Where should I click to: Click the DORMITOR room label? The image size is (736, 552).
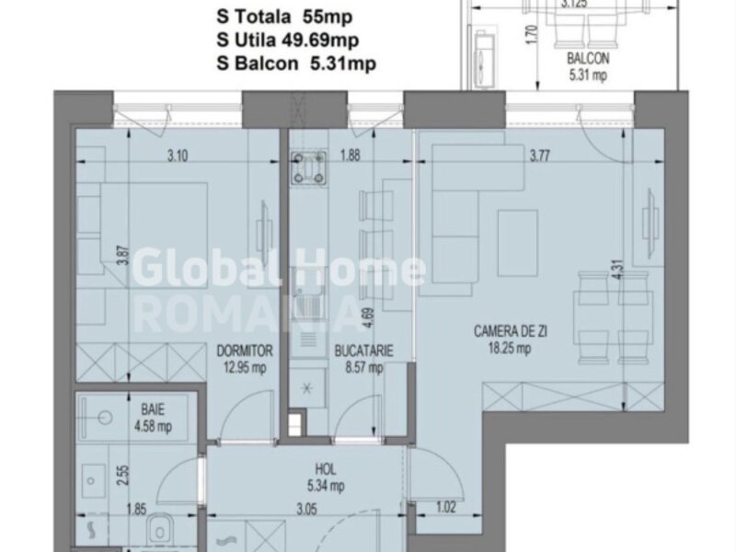point(245,351)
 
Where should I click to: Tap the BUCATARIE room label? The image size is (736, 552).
point(363,351)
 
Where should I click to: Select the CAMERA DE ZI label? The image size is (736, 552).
point(511,331)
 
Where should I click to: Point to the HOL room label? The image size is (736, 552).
point(326,469)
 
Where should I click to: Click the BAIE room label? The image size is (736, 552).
point(153,409)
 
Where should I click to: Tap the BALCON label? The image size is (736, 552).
point(588,59)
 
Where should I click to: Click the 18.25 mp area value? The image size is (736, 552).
point(510,349)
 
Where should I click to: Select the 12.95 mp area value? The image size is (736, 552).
point(245,367)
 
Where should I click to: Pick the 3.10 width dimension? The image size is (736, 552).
point(178,155)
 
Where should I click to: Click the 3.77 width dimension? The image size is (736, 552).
point(540,155)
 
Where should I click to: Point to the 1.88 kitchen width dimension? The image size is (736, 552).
point(350,155)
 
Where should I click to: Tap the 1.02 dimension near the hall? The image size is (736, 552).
point(445,508)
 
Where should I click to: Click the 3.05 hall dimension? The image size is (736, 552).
point(307,509)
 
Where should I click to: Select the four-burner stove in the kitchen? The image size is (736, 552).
point(308,167)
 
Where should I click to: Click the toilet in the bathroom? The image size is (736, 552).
point(160,530)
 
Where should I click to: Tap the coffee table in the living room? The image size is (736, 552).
point(518,243)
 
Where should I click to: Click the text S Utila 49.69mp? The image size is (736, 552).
point(287,40)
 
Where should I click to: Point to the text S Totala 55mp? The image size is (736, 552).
point(284,17)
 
